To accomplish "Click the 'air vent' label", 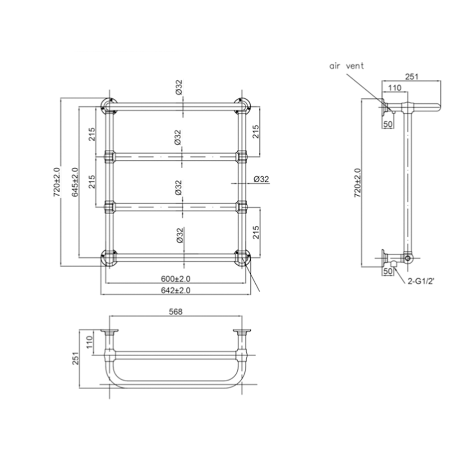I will point(346,66).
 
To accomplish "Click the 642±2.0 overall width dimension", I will point(176,291).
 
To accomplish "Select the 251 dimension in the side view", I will point(412,76).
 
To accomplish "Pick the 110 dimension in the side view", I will point(395,88).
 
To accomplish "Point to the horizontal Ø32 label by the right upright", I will point(261,179).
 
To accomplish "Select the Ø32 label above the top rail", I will point(179,87).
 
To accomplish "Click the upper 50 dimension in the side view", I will point(387,123).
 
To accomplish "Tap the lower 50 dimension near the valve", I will point(387,271).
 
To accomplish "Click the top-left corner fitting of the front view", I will point(108,106).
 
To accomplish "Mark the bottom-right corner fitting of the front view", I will point(242,258).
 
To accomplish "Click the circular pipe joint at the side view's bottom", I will point(408,258).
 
